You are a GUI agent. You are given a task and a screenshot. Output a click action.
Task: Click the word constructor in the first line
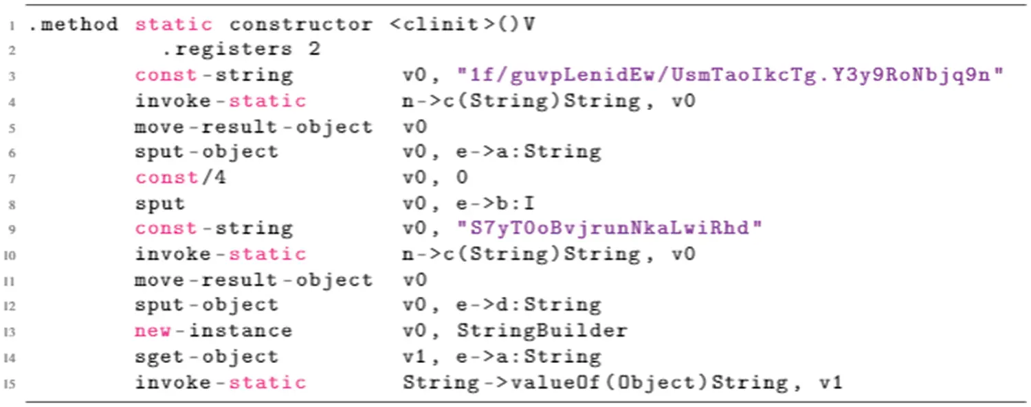coord(301,25)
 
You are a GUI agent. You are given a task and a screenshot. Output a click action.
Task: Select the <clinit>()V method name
coord(462,25)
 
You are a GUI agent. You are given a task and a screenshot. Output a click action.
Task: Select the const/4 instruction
coord(181,178)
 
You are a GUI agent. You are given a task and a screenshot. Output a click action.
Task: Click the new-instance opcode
coord(213,331)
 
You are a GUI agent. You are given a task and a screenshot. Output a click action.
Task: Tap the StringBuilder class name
coord(542,331)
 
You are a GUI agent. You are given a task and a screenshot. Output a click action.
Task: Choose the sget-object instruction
coord(206,357)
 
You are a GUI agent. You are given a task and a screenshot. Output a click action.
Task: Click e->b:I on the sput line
coord(496,203)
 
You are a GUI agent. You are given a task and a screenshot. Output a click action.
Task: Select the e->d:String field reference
coord(529,305)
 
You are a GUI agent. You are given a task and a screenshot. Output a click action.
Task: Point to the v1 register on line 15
coord(830,382)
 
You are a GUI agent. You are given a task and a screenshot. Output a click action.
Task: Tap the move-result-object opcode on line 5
coord(253,127)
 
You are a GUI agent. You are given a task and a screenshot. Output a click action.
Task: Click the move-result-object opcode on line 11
coord(253,280)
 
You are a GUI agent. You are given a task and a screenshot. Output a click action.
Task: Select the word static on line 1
coord(174,25)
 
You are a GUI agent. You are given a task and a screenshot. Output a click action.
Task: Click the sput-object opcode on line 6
coord(206,152)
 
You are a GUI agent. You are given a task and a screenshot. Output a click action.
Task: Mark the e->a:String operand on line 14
coord(529,357)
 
